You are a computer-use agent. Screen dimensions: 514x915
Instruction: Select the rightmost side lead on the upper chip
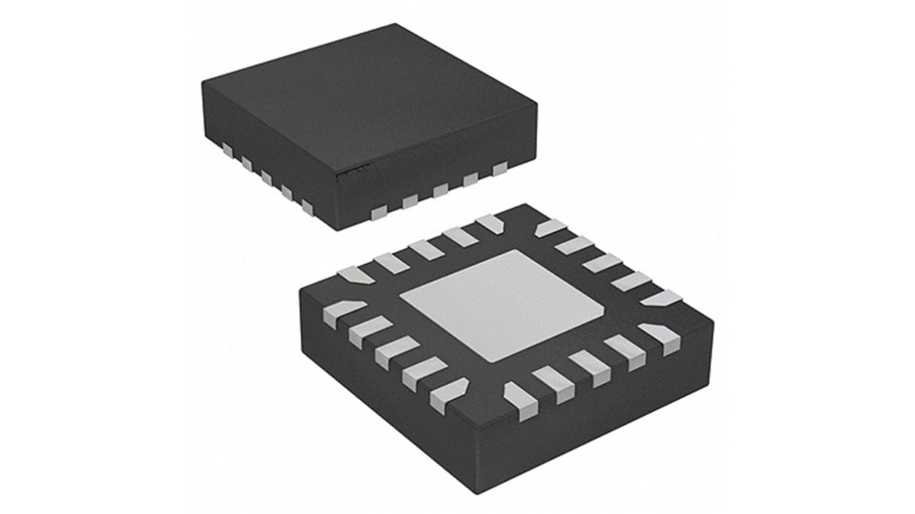500,169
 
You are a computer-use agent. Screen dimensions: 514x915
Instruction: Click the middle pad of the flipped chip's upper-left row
425,249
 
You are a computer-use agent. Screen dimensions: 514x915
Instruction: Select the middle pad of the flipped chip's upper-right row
602,262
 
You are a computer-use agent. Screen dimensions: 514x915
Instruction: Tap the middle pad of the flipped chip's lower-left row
395,351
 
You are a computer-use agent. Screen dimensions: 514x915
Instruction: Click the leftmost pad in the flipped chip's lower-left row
339,314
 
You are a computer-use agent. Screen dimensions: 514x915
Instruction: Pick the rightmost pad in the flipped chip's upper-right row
662,298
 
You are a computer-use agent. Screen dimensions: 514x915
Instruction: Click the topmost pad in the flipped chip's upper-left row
490,223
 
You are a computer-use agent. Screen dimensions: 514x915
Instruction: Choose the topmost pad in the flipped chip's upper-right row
551,227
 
